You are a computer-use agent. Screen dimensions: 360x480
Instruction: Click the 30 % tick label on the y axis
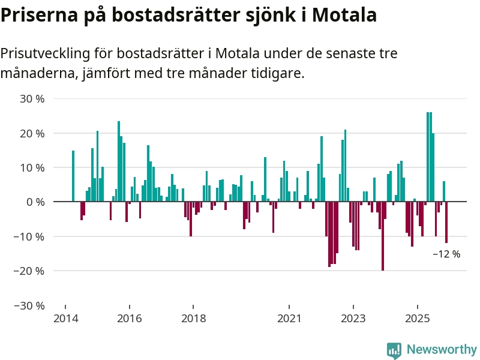coord(31,98)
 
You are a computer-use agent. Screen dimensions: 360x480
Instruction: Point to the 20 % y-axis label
coord(31,133)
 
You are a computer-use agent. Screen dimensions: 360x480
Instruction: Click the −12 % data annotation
coord(446,254)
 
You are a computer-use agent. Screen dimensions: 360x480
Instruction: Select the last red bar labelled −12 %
coord(446,223)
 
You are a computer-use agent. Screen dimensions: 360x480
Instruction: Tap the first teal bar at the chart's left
coord(73,176)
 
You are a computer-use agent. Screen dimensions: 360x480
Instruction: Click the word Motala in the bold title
coord(346,15)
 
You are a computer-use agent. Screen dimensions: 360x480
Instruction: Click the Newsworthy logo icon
coord(394,350)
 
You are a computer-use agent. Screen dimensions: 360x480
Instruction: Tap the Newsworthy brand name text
coord(442,350)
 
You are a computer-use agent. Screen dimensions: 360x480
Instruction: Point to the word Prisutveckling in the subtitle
coord(44,53)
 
